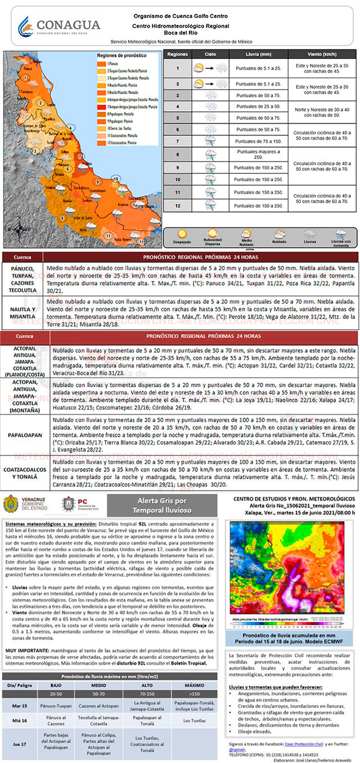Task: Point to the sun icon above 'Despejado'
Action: [182, 234]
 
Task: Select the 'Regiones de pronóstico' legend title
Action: [118, 56]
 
